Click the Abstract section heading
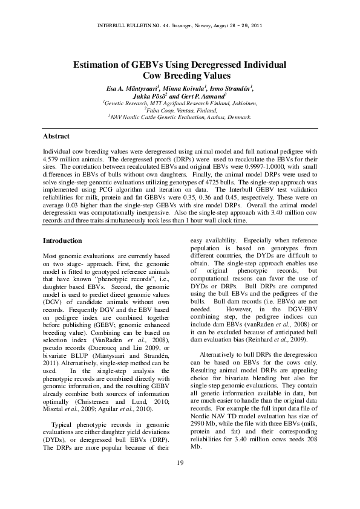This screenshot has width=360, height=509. point(56,137)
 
